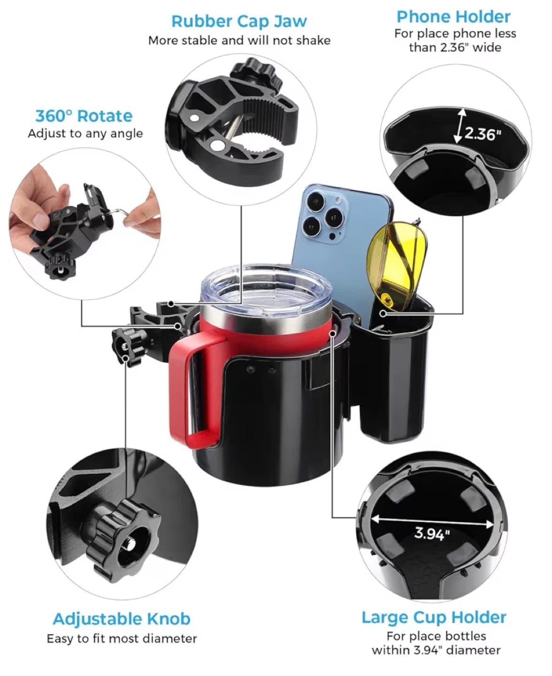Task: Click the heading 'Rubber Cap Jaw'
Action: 239,22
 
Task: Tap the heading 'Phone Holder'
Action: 453,17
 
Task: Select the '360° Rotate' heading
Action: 84,115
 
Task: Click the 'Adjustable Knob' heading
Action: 122,619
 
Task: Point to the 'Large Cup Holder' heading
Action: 434,617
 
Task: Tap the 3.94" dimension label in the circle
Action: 432,534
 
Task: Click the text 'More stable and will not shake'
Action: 239,41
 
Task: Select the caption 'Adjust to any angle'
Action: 85,133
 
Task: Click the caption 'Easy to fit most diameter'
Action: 122,639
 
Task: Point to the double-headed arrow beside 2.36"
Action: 460,126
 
